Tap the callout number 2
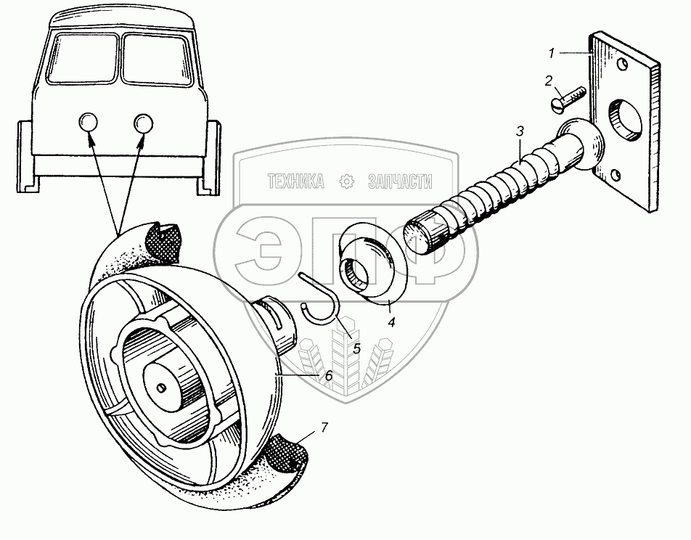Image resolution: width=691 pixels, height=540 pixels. (549, 81)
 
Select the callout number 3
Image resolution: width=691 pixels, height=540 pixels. (520, 131)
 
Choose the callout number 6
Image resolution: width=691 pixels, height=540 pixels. (328, 375)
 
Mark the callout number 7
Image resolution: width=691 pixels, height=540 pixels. (324, 427)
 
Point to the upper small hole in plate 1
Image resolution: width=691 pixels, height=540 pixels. (621, 65)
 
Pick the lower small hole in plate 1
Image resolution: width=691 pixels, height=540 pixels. (616, 175)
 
